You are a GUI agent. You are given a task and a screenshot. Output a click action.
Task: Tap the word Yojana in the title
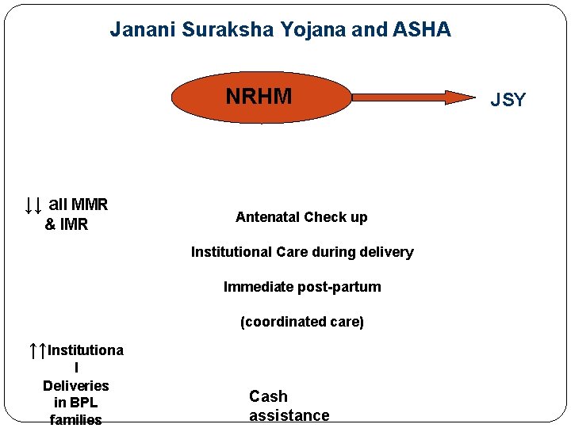(x=309, y=30)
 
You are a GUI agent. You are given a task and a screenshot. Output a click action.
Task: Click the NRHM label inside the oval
(x=259, y=97)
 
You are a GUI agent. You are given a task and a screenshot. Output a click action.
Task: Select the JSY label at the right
(x=508, y=100)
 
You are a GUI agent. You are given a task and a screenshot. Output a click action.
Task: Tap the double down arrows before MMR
(x=33, y=205)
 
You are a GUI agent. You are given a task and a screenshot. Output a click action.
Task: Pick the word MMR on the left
(x=89, y=205)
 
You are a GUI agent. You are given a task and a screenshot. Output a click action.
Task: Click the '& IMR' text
(x=66, y=225)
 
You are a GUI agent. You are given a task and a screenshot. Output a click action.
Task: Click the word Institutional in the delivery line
(x=232, y=252)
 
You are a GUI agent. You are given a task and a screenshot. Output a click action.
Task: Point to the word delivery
(x=385, y=252)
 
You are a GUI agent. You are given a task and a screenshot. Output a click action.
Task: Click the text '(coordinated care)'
(x=302, y=322)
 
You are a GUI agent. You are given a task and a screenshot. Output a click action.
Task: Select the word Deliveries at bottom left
(x=75, y=386)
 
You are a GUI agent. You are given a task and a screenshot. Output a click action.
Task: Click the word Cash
(x=268, y=396)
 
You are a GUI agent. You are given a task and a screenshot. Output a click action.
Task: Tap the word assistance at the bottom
(x=289, y=416)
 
